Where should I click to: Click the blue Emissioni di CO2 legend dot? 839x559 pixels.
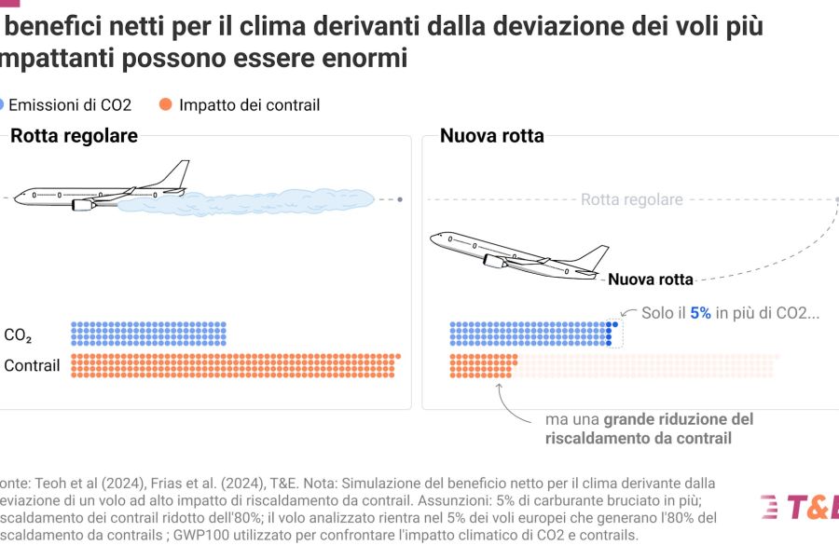pos(4,105)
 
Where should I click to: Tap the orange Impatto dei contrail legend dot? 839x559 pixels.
pos(166,105)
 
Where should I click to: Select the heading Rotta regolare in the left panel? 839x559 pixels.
pos(74,136)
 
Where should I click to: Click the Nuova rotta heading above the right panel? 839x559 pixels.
pos(492,136)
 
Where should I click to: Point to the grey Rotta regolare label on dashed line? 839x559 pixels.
pos(631,199)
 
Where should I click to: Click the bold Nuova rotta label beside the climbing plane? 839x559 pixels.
pos(651,279)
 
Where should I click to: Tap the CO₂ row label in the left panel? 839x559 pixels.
pos(19,335)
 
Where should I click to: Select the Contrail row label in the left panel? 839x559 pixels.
pos(32,365)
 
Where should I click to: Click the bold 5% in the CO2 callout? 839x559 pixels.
pos(700,313)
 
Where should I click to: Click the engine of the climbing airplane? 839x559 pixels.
pos(495,262)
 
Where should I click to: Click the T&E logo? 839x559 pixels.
pos(800,508)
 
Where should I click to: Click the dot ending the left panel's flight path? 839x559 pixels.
pos(401,199)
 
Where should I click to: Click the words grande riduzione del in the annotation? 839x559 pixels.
pos(679,419)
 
